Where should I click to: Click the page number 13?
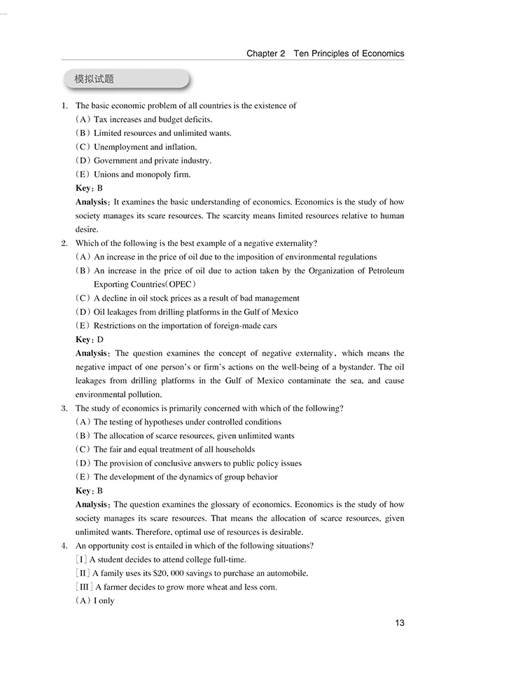[x=399, y=623]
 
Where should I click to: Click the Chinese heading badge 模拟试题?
[x=94, y=79]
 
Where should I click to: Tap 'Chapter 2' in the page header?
[x=266, y=53]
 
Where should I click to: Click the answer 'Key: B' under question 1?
[x=89, y=189]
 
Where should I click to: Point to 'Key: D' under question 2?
[x=89, y=340]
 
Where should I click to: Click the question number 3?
[x=64, y=408]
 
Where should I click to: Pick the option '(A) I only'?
[x=94, y=601]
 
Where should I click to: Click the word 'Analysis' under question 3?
[x=92, y=505]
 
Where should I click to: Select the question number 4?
[x=64, y=546]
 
